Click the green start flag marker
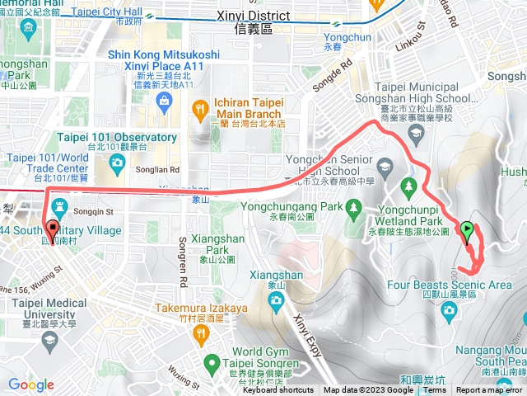pos(467,230)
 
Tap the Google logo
pos(30,384)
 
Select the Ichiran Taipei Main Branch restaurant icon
pos(200,107)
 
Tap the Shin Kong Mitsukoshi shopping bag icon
pos(166,101)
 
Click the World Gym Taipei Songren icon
pos(212,361)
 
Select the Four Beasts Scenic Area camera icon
pos(450,309)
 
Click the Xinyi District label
pos(255,16)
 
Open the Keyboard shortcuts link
pos(279,390)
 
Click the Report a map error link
pos(491,390)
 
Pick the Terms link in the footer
pos(433,390)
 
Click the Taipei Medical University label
pos(49,309)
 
